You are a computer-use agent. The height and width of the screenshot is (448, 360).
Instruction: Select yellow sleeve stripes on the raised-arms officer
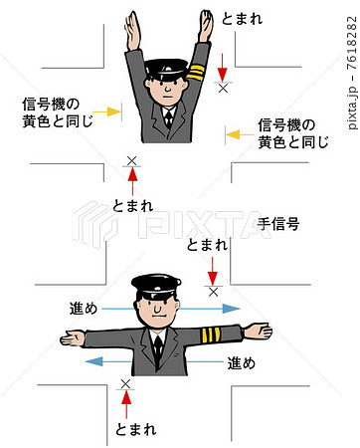(198, 73)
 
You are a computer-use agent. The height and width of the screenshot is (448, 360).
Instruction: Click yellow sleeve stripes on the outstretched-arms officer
(210, 336)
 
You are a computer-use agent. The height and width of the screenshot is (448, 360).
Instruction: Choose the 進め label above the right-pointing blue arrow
(85, 308)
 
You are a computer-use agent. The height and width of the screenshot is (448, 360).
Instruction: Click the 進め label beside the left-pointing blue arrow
(242, 362)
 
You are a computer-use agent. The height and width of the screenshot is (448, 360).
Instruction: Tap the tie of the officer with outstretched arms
(156, 347)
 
